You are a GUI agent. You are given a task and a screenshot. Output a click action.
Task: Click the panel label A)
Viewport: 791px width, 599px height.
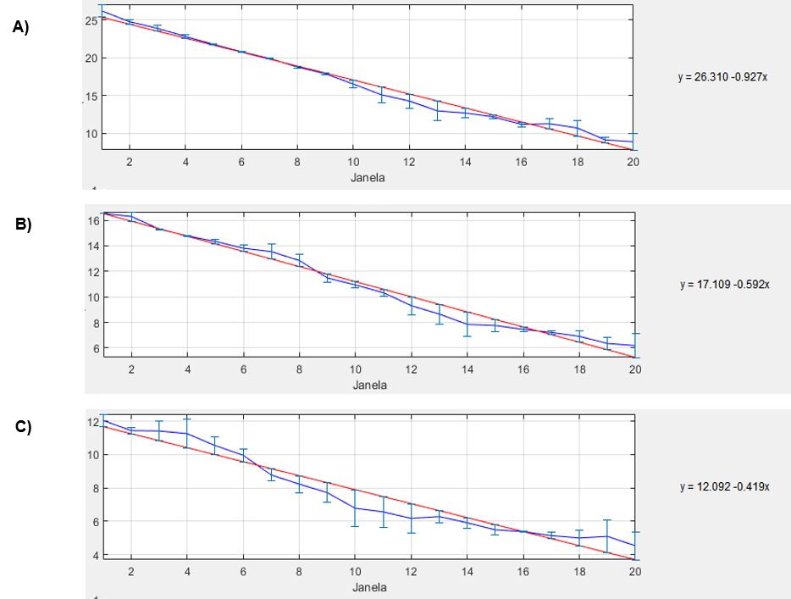coord(21,26)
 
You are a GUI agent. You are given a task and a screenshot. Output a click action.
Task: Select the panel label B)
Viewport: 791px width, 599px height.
coord(23,225)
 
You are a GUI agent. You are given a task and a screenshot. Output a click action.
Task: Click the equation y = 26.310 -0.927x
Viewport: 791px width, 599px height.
coord(722,77)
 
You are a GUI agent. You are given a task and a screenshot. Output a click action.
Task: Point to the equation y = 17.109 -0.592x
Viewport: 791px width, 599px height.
coord(724,285)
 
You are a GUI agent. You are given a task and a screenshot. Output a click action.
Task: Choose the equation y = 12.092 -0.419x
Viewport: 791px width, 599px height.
coord(724,487)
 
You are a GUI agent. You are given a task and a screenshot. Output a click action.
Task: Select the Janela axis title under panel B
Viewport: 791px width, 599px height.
coord(369,384)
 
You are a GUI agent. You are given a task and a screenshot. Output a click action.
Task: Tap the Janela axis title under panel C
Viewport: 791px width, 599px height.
coord(369,587)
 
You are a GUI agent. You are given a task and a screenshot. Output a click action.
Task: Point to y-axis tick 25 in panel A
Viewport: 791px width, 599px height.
coord(89,20)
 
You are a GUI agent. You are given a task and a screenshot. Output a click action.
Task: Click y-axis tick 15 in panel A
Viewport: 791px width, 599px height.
coord(89,96)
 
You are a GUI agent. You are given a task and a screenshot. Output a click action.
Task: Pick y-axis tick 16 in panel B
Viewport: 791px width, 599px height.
coord(92,220)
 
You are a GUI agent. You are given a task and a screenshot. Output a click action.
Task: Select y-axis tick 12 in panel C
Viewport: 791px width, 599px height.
coord(92,422)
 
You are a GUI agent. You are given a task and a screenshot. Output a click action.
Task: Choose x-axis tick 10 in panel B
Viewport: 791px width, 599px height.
coord(356,369)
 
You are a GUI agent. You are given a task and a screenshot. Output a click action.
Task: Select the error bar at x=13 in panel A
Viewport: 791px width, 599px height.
coord(437,110)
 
